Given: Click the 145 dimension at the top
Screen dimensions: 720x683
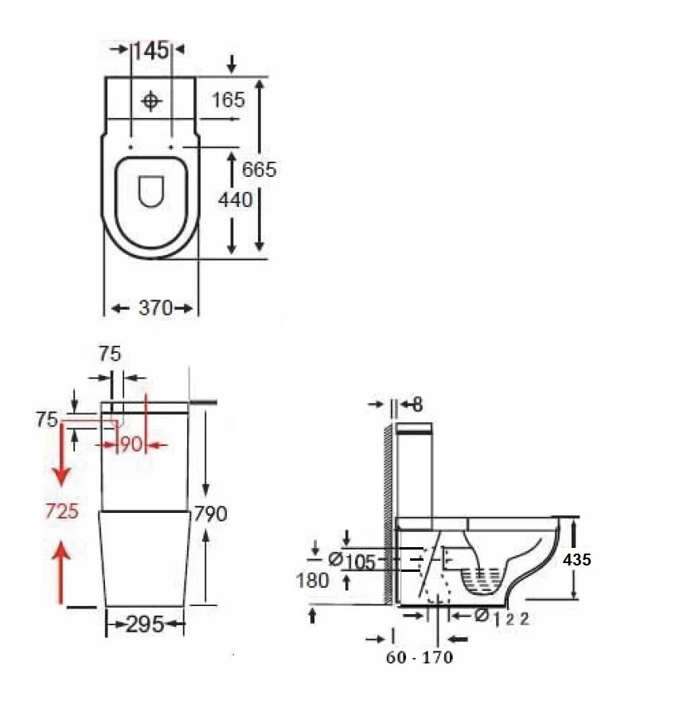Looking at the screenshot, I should pos(150,50).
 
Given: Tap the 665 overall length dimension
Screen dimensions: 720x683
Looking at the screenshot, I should pos(260,169).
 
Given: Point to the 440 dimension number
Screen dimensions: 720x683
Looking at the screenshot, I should pos(235,199).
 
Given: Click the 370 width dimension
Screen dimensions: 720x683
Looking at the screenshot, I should pos(155,307).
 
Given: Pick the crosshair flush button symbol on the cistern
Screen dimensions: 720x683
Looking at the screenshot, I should pos(151,101).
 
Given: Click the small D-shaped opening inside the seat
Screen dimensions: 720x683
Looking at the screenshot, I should pos(150,191).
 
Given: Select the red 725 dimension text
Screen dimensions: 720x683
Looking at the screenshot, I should pos(61,511).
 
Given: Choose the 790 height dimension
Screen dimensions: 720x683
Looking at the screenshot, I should pos(210,514).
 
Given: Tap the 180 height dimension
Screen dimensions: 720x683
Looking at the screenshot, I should pos(312,581).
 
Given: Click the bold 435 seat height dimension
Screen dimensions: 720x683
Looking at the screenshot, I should pos(576,560).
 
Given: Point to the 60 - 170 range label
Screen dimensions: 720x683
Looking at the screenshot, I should pos(419,658).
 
